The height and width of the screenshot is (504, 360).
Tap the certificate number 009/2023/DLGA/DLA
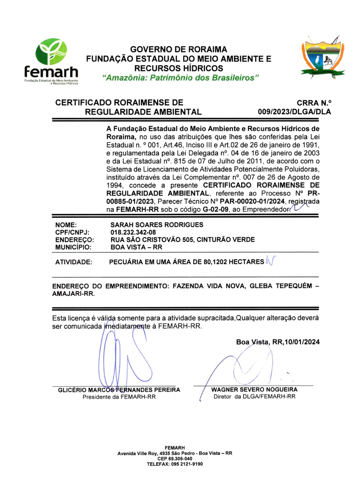[294, 112]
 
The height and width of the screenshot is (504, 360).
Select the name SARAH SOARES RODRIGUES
[157, 225]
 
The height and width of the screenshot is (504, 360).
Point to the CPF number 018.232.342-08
[133, 232]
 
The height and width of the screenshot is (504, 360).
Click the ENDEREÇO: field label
[75, 240]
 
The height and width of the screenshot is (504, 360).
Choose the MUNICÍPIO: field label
[73, 247]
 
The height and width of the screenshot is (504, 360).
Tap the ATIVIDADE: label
[73, 262]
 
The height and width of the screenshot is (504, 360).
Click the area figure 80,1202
[215, 262]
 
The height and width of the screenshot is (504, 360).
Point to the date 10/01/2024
[302, 342]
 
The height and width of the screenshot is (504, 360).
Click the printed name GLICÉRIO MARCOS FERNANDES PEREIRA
[119, 390]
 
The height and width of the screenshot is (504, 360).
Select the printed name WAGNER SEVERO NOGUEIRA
[254, 390]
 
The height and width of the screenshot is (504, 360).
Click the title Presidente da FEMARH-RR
[119, 397]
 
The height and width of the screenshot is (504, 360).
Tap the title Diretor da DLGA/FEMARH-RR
[254, 396]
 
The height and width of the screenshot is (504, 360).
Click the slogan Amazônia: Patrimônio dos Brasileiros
[180, 78]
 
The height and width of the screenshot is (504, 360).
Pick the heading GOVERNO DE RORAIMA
[179, 49]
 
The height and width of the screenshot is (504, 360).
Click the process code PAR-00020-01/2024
[252, 201]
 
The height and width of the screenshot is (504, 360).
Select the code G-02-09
[215, 209]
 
